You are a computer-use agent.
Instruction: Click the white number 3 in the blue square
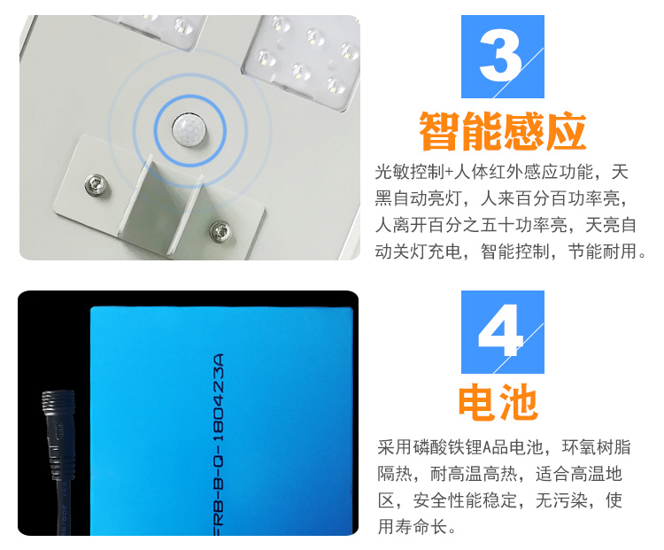point(500,56)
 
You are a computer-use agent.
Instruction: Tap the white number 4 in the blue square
point(500,331)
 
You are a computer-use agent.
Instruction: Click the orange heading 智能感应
point(503,132)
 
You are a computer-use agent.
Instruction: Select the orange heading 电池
point(498,402)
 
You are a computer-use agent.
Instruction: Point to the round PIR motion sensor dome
point(189,128)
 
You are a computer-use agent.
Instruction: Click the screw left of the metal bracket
point(96,184)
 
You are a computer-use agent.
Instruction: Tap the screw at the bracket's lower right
point(220,231)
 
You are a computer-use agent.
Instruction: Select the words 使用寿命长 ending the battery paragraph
point(499,514)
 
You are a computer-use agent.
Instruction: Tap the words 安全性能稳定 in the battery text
point(465,501)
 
